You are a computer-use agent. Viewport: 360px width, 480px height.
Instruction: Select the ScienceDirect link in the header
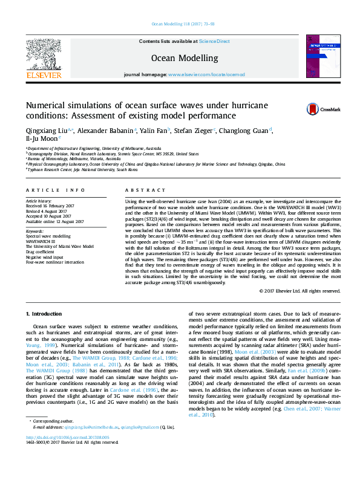[x=215, y=41]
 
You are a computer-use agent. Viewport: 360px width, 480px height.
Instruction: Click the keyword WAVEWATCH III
[x=42, y=241]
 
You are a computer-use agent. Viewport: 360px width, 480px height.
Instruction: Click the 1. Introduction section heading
[x=46, y=314]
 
